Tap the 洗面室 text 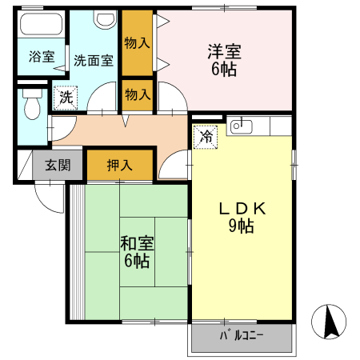(93, 58)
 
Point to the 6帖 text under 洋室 (223, 69)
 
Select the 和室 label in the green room (133, 243)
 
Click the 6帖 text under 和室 (134, 261)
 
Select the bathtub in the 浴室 (39, 25)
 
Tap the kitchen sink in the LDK (241, 126)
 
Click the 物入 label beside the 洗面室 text (137, 42)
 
